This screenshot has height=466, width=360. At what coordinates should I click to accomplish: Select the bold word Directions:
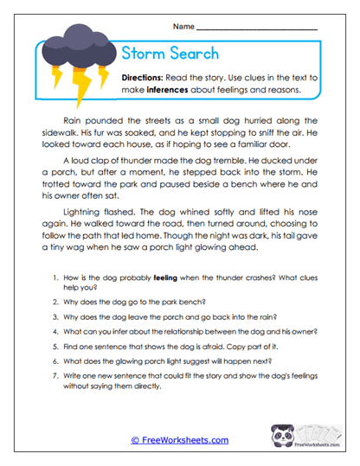(149, 77)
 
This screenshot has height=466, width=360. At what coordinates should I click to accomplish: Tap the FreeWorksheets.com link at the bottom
(179, 440)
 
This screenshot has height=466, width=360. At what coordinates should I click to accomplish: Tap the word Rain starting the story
(74, 121)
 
